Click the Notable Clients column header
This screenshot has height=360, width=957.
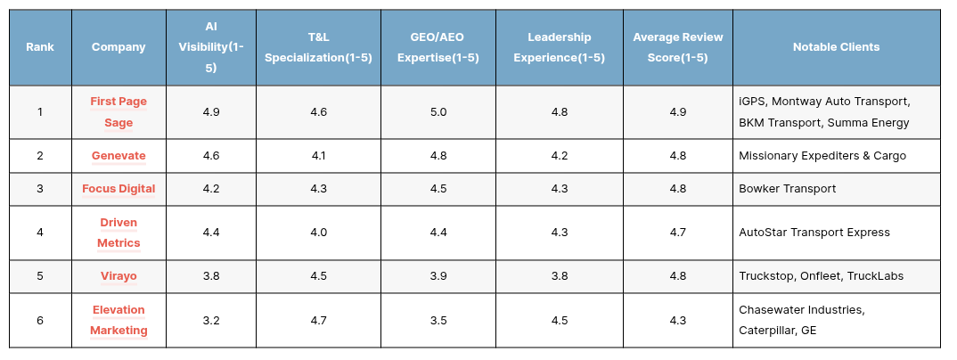[836, 47]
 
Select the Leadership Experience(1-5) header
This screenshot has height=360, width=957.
[559, 47]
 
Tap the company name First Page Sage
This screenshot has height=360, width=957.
[119, 111]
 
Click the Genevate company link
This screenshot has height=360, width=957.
[119, 156]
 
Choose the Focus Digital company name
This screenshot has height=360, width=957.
[119, 189]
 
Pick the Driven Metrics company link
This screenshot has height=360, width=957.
[119, 233]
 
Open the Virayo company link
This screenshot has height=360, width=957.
[119, 276]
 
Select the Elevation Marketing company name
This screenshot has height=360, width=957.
[119, 320]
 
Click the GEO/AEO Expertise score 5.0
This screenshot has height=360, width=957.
[438, 111]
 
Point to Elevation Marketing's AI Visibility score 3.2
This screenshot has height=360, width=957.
[211, 320]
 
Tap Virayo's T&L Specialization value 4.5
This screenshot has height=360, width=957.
[319, 276]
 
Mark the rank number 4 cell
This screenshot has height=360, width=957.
[40, 233]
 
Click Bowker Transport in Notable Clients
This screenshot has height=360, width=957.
[788, 189]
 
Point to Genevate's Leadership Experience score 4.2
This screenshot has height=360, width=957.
[559, 156]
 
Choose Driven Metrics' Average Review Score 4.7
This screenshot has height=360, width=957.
[677, 233]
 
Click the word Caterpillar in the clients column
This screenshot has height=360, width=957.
[766, 331]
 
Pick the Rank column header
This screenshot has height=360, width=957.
[40, 47]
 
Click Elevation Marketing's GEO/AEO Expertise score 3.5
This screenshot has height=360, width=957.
[438, 320]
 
